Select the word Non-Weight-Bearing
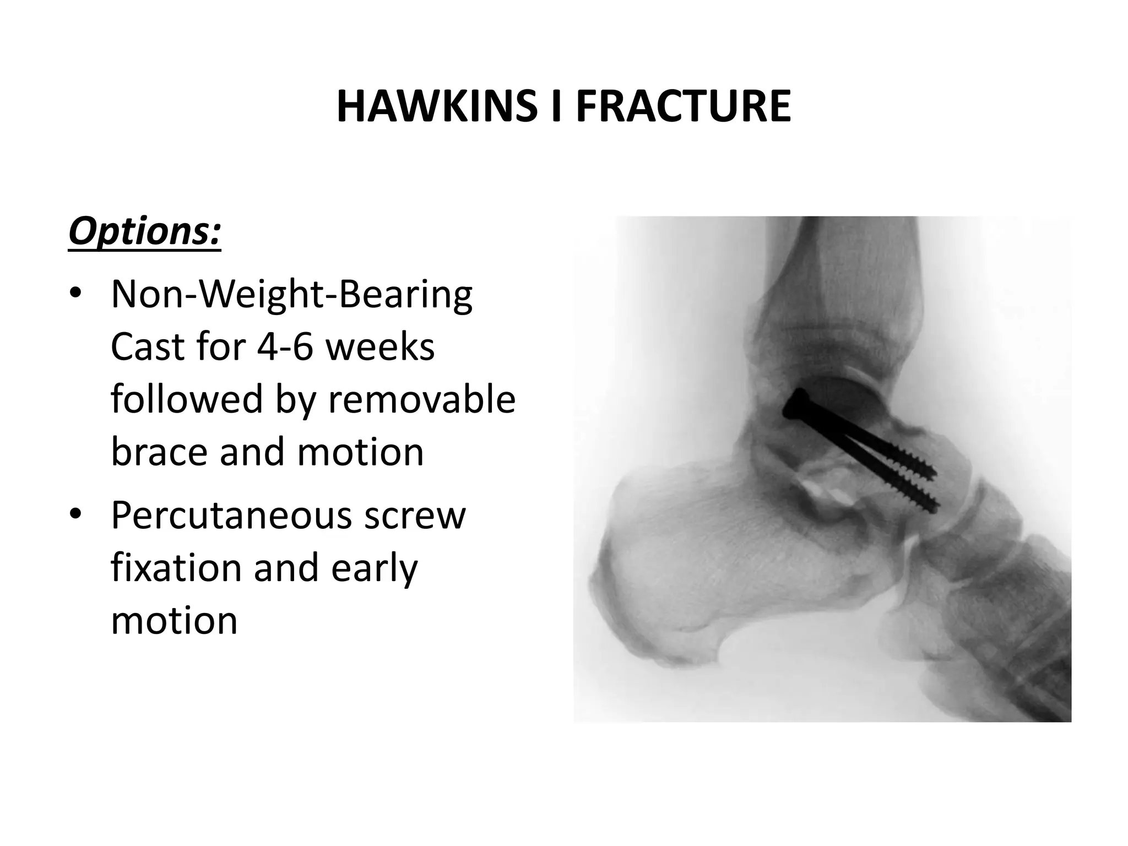[291, 295]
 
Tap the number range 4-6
[282, 347]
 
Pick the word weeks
[380, 347]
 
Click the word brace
[159, 451]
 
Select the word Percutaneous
[231, 516]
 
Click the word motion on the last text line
[174, 620]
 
